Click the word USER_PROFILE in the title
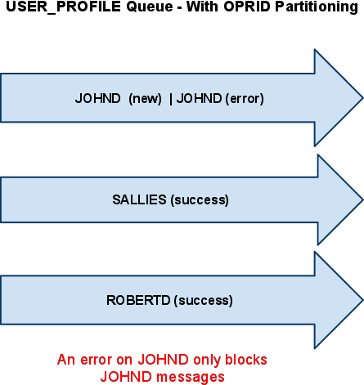[x=63, y=7]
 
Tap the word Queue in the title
[x=150, y=7]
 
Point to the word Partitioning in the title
[x=317, y=7]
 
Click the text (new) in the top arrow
[x=145, y=99]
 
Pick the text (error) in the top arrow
[x=245, y=99]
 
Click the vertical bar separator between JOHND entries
[x=171, y=99]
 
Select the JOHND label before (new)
[x=97, y=98]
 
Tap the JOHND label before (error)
[x=199, y=98]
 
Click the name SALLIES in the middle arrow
[x=139, y=199]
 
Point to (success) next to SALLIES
[x=200, y=200]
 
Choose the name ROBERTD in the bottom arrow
[x=138, y=300]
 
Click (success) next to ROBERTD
[x=204, y=301]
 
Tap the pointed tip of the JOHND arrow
[x=363, y=98]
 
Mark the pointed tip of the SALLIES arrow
[x=363, y=199]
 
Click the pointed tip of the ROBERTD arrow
[x=363, y=300]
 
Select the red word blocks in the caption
[x=246, y=360]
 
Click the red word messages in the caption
[x=191, y=378]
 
